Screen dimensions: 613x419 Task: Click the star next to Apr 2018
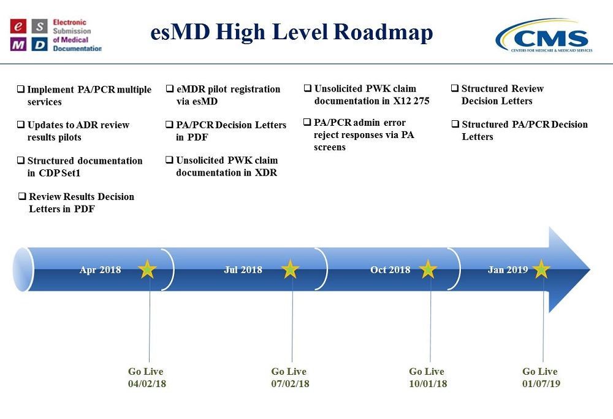point(147,269)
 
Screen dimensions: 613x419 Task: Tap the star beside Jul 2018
point(291,269)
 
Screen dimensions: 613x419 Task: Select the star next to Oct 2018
point(428,269)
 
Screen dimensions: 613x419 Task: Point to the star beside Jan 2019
point(541,269)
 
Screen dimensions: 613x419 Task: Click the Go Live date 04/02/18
point(147,383)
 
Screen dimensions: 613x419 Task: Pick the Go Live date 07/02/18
point(290,383)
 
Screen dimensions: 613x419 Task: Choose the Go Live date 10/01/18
point(428,383)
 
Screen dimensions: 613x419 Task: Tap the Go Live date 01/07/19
point(541,383)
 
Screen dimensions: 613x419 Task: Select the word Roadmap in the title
point(384,32)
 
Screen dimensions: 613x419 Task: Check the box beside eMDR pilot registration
point(170,89)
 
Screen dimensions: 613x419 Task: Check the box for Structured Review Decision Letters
point(455,88)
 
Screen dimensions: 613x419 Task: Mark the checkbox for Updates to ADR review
point(21,125)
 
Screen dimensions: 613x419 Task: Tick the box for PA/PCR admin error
point(307,122)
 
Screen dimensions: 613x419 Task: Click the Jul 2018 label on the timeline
point(243,269)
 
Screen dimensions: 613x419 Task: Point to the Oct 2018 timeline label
point(390,269)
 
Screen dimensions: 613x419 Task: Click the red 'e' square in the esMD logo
point(18,26)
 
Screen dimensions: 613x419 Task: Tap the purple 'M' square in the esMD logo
point(18,44)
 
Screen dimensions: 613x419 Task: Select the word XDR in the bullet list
point(266,172)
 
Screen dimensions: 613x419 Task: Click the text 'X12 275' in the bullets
point(411,101)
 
